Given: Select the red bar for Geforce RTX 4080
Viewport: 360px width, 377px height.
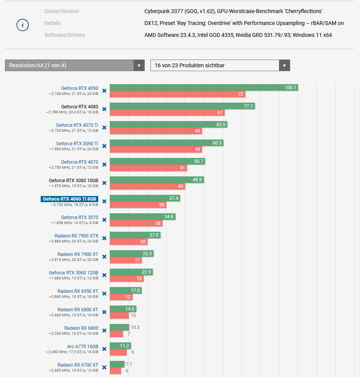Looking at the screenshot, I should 167,113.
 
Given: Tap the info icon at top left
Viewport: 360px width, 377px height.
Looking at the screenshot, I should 23,25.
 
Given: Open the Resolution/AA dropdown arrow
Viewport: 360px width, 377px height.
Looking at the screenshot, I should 139,65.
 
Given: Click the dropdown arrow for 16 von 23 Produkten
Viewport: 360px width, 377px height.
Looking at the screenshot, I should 284,65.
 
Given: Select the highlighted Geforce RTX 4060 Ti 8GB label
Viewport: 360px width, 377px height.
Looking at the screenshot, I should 69,199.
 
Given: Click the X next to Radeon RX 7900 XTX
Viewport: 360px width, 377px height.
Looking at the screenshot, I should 104,238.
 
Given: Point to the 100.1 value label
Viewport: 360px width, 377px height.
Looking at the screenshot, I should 290,88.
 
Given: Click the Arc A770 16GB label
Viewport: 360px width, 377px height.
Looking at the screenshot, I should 83,347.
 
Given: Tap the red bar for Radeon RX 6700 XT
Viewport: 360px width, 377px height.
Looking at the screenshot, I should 115,371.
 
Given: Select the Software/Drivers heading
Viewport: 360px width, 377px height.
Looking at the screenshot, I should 64,35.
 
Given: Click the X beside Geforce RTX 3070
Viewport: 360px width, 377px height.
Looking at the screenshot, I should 104,220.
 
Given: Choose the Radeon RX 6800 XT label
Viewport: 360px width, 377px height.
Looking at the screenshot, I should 78,310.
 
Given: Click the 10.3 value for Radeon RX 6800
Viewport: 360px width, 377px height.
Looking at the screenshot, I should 135,327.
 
